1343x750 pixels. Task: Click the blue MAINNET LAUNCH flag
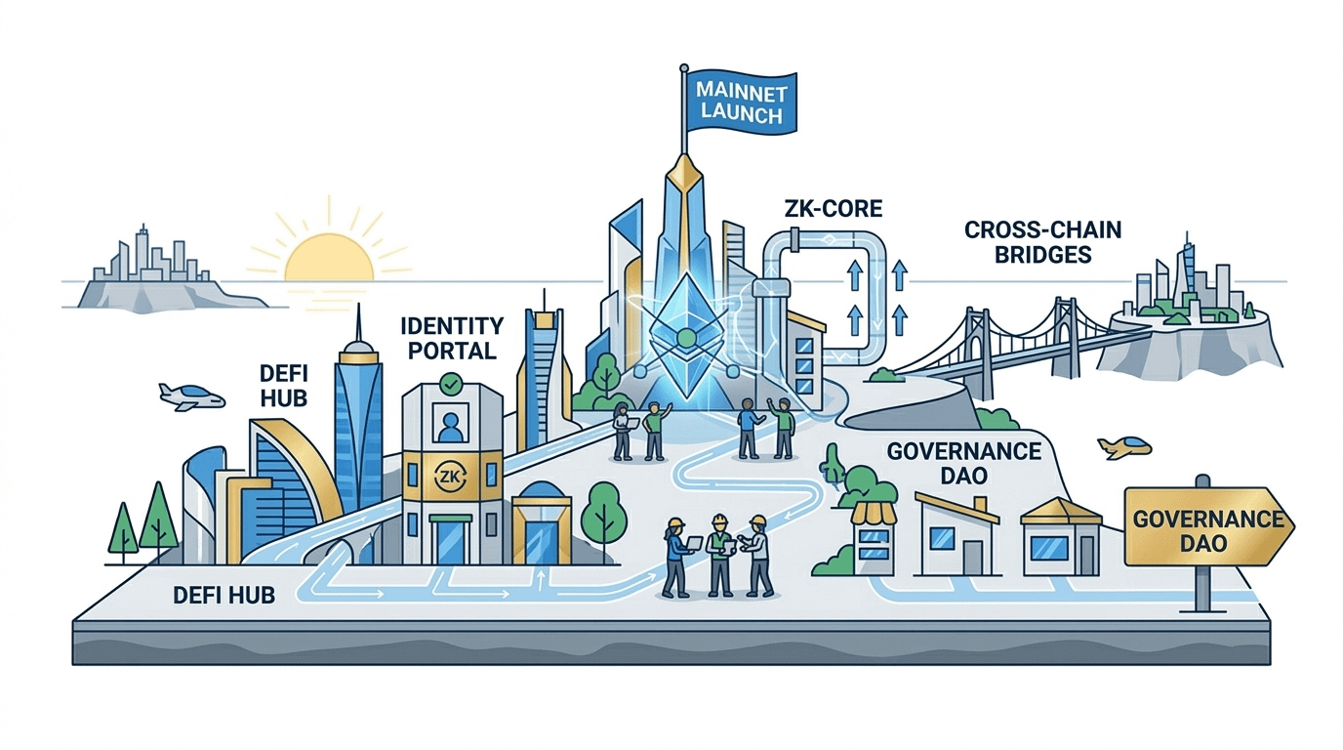[x=740, y=102]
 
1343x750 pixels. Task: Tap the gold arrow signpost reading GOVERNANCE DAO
[x=1207, y=527]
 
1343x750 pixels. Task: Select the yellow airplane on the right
[x=1123, y=447]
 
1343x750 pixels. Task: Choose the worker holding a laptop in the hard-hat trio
[x=676, y=557]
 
